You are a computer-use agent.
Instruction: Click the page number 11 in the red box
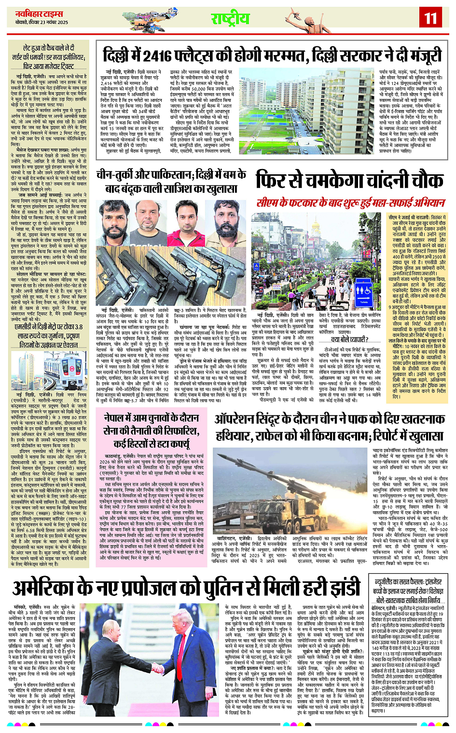coord(430,18)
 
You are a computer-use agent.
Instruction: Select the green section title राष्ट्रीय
coord(230,18)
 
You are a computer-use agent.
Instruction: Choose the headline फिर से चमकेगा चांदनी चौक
coord(349,180)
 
